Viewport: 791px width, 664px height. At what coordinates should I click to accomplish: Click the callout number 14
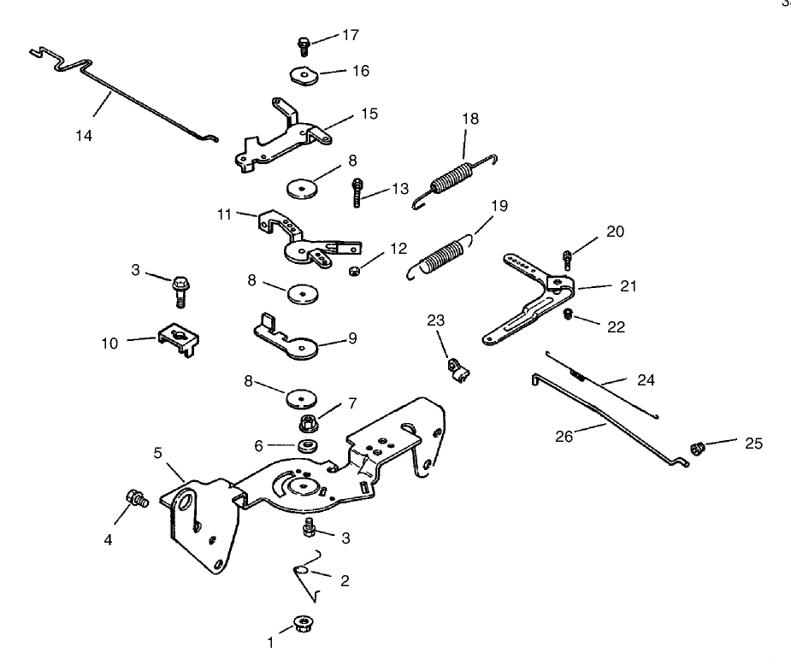coord(84,135)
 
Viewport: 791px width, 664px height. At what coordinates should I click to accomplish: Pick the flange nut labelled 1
coord(303,624)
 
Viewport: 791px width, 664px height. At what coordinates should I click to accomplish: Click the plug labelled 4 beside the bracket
coord(135,498)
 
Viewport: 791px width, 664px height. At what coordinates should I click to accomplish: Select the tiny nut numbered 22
coord(566,315)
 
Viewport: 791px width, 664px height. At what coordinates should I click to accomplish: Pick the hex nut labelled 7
coord(309,421)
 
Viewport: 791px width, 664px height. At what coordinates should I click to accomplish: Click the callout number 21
coord(629,286)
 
